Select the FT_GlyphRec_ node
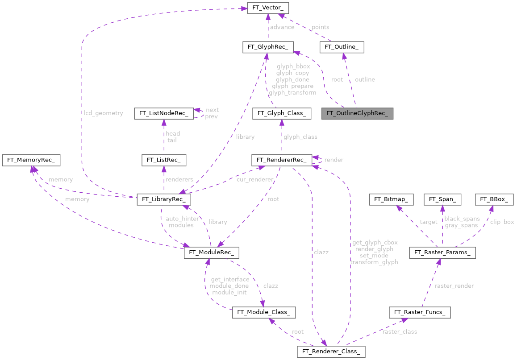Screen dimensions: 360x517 [x=267, y=47]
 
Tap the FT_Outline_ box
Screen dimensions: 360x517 [x=342, y=47]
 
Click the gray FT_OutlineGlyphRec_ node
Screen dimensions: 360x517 [x=357, y=113]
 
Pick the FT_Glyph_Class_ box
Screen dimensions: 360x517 [x=281, y=113]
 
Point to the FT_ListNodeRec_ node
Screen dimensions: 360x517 [x=163, y=113]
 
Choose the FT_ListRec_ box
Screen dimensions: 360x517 [x=164, y=160]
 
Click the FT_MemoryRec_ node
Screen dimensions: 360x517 [x=31, y=160]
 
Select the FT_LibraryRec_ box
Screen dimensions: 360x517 [x=164, y=199]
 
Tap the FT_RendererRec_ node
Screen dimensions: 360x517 [x=281, y=160]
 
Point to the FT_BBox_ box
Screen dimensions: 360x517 [x=495, y=199]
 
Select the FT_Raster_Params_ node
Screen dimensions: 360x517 [x=442, y=253]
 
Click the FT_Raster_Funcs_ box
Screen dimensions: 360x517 [x=420, y=312]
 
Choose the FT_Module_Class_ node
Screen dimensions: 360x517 [x=263, y=312]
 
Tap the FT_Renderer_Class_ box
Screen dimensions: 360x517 [x=331, y=352]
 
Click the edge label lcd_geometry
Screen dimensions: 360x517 [x=104, y=113]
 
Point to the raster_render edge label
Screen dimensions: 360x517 [x=454, y=286]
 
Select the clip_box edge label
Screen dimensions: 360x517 [x=502, y=222]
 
